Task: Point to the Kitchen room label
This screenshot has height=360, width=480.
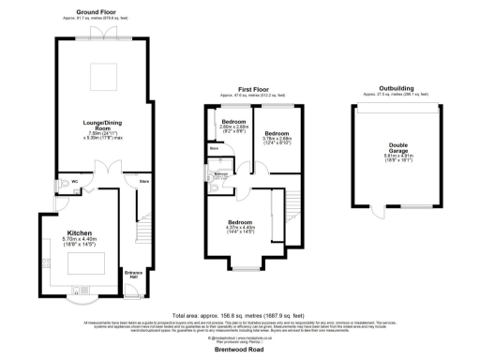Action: click(80, 232)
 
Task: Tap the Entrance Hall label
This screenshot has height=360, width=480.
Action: click(135, 275)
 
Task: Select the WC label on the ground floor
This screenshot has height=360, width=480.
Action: click(74, 181)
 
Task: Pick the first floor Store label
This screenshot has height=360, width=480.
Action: click(214, 147)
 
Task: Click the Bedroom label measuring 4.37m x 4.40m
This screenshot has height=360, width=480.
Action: click(242, 224)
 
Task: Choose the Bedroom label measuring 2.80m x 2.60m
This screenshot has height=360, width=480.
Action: click(233, 123)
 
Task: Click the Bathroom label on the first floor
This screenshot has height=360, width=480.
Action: click(221, 174)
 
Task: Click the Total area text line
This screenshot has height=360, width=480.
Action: click(239, 316)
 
